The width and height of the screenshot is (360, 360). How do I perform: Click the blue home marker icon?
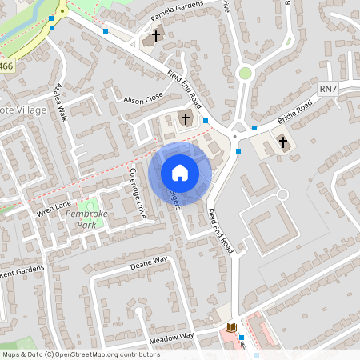click(180, 173)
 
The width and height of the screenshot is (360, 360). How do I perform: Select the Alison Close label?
click(143, 98)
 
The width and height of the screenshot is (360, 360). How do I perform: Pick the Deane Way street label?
click(149, 262)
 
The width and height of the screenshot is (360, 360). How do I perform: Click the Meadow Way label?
click(171, 338)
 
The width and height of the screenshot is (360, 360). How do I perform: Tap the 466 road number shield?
click(6, 66)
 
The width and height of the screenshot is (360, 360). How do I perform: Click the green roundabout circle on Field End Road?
click(245, 74)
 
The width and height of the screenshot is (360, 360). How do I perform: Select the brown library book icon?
click(231, 328)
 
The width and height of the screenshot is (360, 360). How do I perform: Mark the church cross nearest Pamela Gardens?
click(156, 37)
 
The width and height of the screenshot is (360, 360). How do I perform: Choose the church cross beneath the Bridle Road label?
click(282, 142)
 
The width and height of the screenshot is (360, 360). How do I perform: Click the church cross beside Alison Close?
click(186, 119)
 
